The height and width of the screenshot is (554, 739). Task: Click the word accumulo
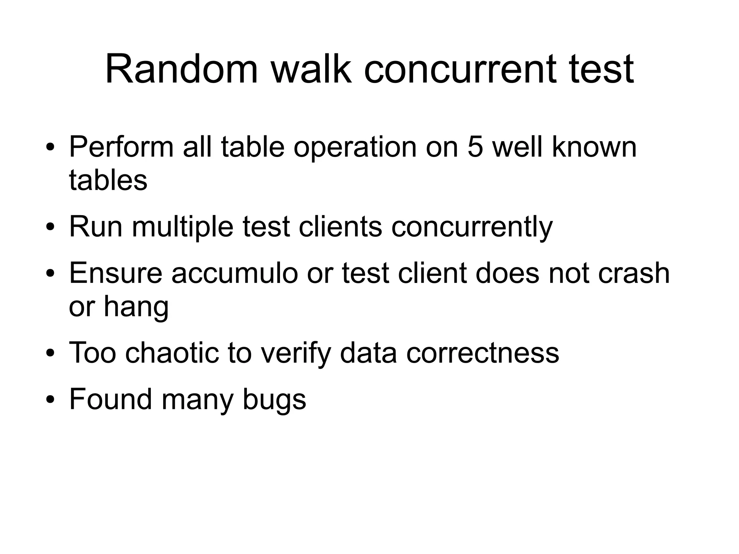pyautogui.click(x=235, y=273)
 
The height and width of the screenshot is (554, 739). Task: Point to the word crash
pyautogui.click(x=634, y=273)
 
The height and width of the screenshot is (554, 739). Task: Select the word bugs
pyautogui.click(x=274, y=399)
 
